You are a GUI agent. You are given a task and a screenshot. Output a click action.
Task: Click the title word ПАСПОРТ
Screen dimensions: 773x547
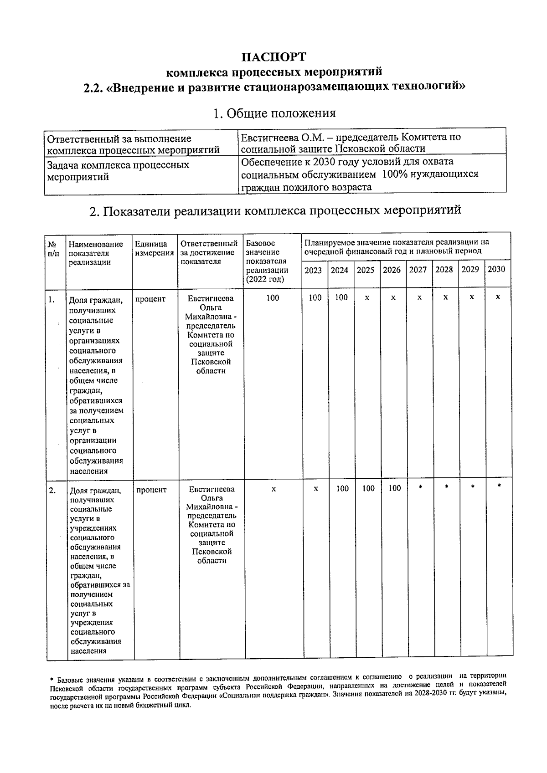(274, 57)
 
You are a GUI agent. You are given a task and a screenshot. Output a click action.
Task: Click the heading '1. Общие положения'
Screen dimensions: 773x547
(274, 113)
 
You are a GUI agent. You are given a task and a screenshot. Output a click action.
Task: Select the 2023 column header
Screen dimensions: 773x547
(313, 270)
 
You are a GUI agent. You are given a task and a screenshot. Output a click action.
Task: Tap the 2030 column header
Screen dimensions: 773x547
(496, 269)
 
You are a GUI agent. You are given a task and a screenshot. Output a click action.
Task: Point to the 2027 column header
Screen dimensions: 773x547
(418, 270)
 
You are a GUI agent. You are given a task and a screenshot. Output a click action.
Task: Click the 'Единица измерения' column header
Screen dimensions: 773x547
(155, 248)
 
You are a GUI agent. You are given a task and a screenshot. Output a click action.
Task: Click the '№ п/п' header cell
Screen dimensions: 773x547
(53, 248)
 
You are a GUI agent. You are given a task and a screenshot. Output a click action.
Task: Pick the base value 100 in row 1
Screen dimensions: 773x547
(273, 298)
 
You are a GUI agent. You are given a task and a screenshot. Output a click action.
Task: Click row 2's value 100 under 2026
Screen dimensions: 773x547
(395, 488)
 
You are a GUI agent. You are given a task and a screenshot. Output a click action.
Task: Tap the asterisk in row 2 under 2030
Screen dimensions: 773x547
(499, 486)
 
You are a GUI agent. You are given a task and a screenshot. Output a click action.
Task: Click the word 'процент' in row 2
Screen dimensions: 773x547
(151, 490)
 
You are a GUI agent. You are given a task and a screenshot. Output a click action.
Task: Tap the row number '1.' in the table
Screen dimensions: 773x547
(52, 299)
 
